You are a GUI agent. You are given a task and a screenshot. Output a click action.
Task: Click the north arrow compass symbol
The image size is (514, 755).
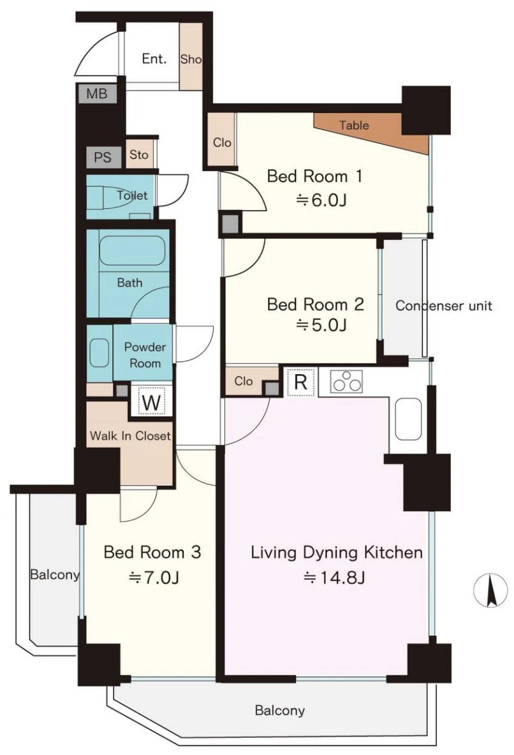pyautogui.click(x=490, y=591)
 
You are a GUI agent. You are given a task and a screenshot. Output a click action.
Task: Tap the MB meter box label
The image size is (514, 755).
pyautogui.click(x=97, y=93)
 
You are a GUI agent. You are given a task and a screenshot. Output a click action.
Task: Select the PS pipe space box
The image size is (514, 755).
pyautogui.click(x=103, y=158)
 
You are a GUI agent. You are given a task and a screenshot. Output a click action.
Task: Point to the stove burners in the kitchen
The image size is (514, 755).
pyautogui.click(x=346, y=381)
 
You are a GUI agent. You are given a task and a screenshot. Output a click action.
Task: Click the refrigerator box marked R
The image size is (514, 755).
pyautogui.click(x=301, y=382)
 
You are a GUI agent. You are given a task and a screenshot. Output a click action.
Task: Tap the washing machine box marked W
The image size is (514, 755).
pyautogui.click(x=152, y=402)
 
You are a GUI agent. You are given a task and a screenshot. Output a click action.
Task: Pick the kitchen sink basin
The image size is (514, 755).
pyautogui.click(x=408, y=419)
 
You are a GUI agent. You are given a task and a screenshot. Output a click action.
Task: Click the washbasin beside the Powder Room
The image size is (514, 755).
pyautogui.click(x=99, y=353)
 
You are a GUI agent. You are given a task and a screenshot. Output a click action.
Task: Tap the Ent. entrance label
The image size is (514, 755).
pyautogui.click(x=154, y=59)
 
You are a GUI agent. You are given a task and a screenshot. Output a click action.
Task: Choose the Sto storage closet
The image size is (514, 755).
pyautogui.click(x=140, y=154)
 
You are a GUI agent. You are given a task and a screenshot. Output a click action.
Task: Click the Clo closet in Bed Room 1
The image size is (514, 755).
pyautogui.click(x=221, y=142)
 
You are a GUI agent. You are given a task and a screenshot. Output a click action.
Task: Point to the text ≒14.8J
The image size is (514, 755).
pyautogui.click(x=334, y=576)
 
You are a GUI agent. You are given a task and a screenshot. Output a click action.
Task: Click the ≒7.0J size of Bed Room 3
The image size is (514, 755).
pyautogui.click(x=154, y=576)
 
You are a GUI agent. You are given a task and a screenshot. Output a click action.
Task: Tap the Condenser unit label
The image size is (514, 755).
pyautogui.click(x=444, y=306)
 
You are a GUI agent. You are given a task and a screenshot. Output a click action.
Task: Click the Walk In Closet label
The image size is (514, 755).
pyautogui.click(x=131, y=436)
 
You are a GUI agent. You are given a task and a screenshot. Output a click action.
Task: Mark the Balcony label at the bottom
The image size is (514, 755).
pyautogui.click(x=279, y=710)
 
